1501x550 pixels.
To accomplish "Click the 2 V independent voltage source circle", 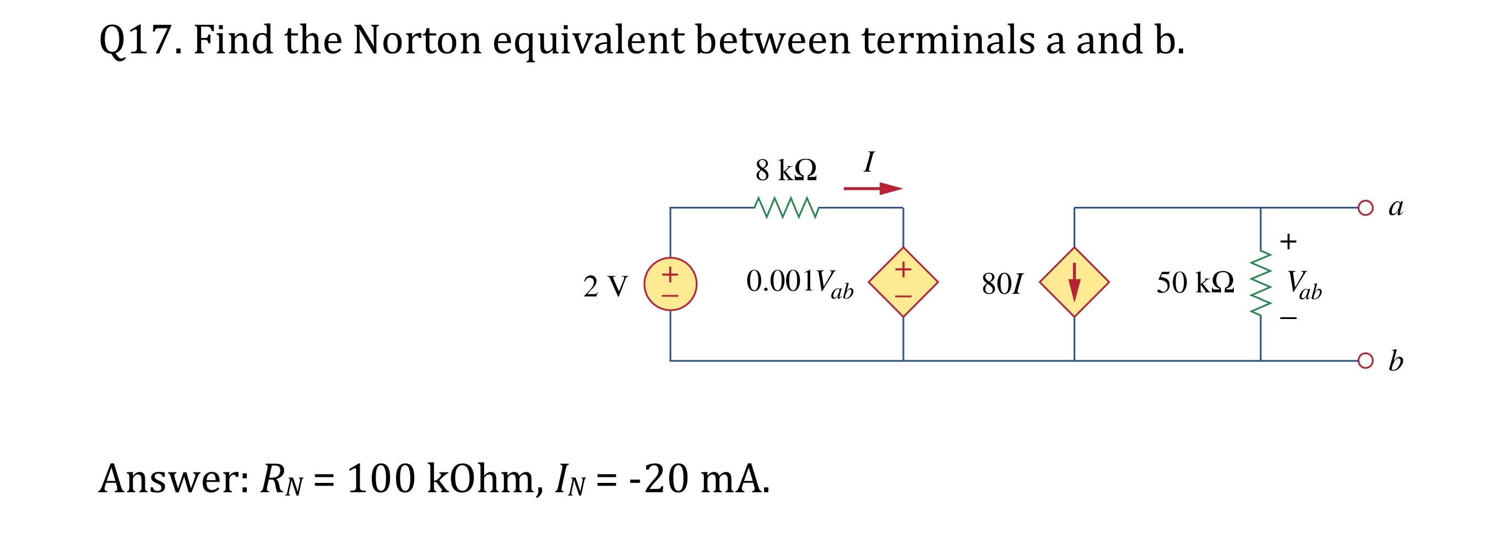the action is coord(670,284).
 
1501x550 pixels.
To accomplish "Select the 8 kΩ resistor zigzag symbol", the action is coord(786,207).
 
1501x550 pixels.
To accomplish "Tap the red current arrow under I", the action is coord(873,189).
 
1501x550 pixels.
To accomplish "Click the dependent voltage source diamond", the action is coord(903,282).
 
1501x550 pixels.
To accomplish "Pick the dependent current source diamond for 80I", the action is coord(1074,282).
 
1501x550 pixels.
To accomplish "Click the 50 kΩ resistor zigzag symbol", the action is coord(1260,283).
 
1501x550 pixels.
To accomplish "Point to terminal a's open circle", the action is coord(1365,208).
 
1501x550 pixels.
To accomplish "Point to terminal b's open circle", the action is coord(1365,361).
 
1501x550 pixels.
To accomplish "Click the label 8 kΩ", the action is coord(786,170).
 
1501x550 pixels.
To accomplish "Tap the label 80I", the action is coord(1001,284).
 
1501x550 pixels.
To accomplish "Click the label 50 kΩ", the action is coord(1195,283).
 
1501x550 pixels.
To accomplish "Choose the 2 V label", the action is coord(605,287).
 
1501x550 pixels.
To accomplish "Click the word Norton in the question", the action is coord(417,41).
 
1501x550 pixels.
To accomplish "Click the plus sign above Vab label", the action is coord(1288,241).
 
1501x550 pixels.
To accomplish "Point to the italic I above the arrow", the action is coord(869,162).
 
